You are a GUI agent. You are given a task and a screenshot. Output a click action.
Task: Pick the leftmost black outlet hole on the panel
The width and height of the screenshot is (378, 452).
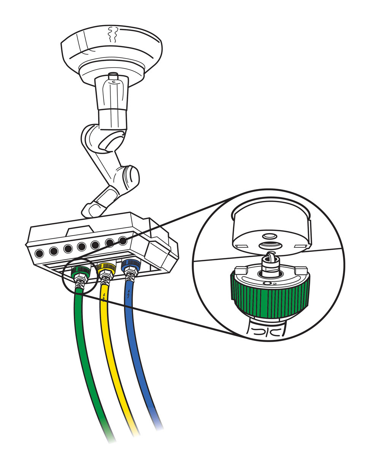(39, 253)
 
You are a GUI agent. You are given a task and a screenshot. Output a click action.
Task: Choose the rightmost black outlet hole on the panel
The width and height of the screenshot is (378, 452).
(122, 241)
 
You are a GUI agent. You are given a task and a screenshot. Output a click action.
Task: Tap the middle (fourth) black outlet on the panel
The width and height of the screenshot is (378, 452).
(81, 247)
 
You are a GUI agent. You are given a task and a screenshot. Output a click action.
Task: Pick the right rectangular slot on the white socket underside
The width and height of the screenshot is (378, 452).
(300, 247)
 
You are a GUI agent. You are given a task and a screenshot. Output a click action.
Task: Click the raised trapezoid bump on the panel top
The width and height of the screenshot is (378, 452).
(79, 230)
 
